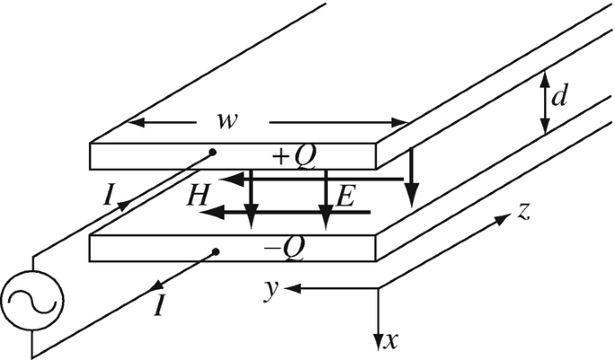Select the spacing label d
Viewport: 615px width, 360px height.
[x=558, y=96]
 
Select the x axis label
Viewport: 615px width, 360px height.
[x=390, y=341]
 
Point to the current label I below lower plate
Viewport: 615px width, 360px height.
[x=158, y=307]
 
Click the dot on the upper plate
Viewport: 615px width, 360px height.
[x=212, y=151]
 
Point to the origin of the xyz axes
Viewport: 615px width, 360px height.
[x=378, y=288]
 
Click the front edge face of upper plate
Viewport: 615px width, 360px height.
[x=233, y=158]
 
